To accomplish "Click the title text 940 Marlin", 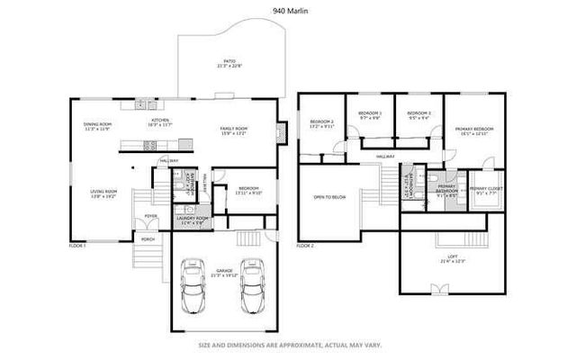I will pyautogui.click(x=288, y=11).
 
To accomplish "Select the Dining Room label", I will pyautogui.click(x=96, y=126).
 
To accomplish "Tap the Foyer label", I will pyautogui.click(x=151, y=216).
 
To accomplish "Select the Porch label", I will pyautogui.click(x=147, y=238).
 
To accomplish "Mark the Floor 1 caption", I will pyautogui.click(x=77, y=245).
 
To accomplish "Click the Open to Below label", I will pyautogui.click(x=330, y=196).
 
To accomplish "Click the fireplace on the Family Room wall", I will pyautogui.click(x=282, y=132).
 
